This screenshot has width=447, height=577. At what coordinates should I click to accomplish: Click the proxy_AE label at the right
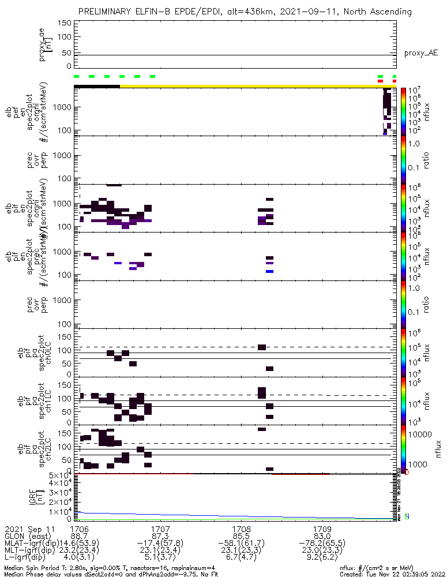coord(420,53)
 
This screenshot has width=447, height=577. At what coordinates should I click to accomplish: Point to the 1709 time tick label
coord(322,529)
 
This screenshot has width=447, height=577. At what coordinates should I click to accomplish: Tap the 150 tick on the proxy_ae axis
coord(64,23)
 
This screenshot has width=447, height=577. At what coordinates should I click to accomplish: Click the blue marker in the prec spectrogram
coord(269,271)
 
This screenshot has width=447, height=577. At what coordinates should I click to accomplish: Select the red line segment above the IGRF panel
coord(300,474)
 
